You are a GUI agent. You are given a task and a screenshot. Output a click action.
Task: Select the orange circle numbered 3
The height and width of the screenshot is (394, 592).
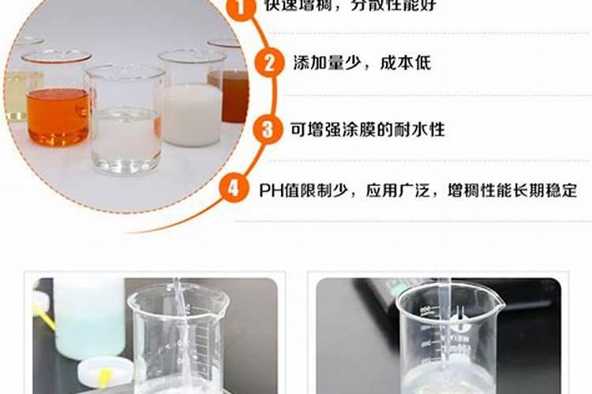tap(268, 128)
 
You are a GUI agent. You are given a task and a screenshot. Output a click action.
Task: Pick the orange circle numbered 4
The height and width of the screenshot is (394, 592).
tap(233, 190)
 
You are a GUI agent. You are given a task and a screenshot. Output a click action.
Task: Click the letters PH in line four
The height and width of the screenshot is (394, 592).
tap(272, 191)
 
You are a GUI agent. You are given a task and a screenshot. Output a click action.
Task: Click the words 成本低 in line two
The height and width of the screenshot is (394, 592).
tap(409, 63)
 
